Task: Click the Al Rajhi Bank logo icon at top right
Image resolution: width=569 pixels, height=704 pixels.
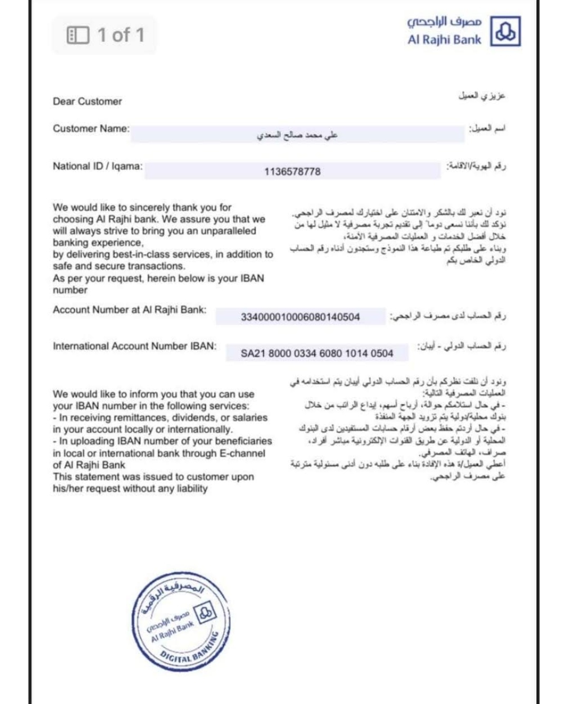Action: (506, 31)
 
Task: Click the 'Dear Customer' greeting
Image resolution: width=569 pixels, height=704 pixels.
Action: (87, 101)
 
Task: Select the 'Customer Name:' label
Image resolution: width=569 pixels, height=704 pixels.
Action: (91, 129)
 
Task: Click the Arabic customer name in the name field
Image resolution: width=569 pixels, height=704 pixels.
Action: (297, 135)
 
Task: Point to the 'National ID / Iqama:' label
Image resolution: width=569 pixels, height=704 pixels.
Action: (97, 167)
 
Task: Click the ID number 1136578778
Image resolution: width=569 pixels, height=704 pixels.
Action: (292, 172)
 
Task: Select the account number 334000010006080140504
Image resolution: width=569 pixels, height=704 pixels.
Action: (300, 317)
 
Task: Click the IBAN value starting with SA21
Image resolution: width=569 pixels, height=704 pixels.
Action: (317, 354)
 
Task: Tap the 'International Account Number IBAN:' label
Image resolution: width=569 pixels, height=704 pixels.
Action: (134, 346)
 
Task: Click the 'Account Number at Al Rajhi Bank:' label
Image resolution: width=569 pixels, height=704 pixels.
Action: (130, 310)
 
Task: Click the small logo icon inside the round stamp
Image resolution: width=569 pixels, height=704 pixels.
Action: (206, 613)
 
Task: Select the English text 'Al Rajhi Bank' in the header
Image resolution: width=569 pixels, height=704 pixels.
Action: (444, 40)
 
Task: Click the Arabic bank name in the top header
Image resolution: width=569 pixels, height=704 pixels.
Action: (444, 22)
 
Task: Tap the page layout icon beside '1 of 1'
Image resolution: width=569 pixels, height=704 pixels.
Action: (78, 35)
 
